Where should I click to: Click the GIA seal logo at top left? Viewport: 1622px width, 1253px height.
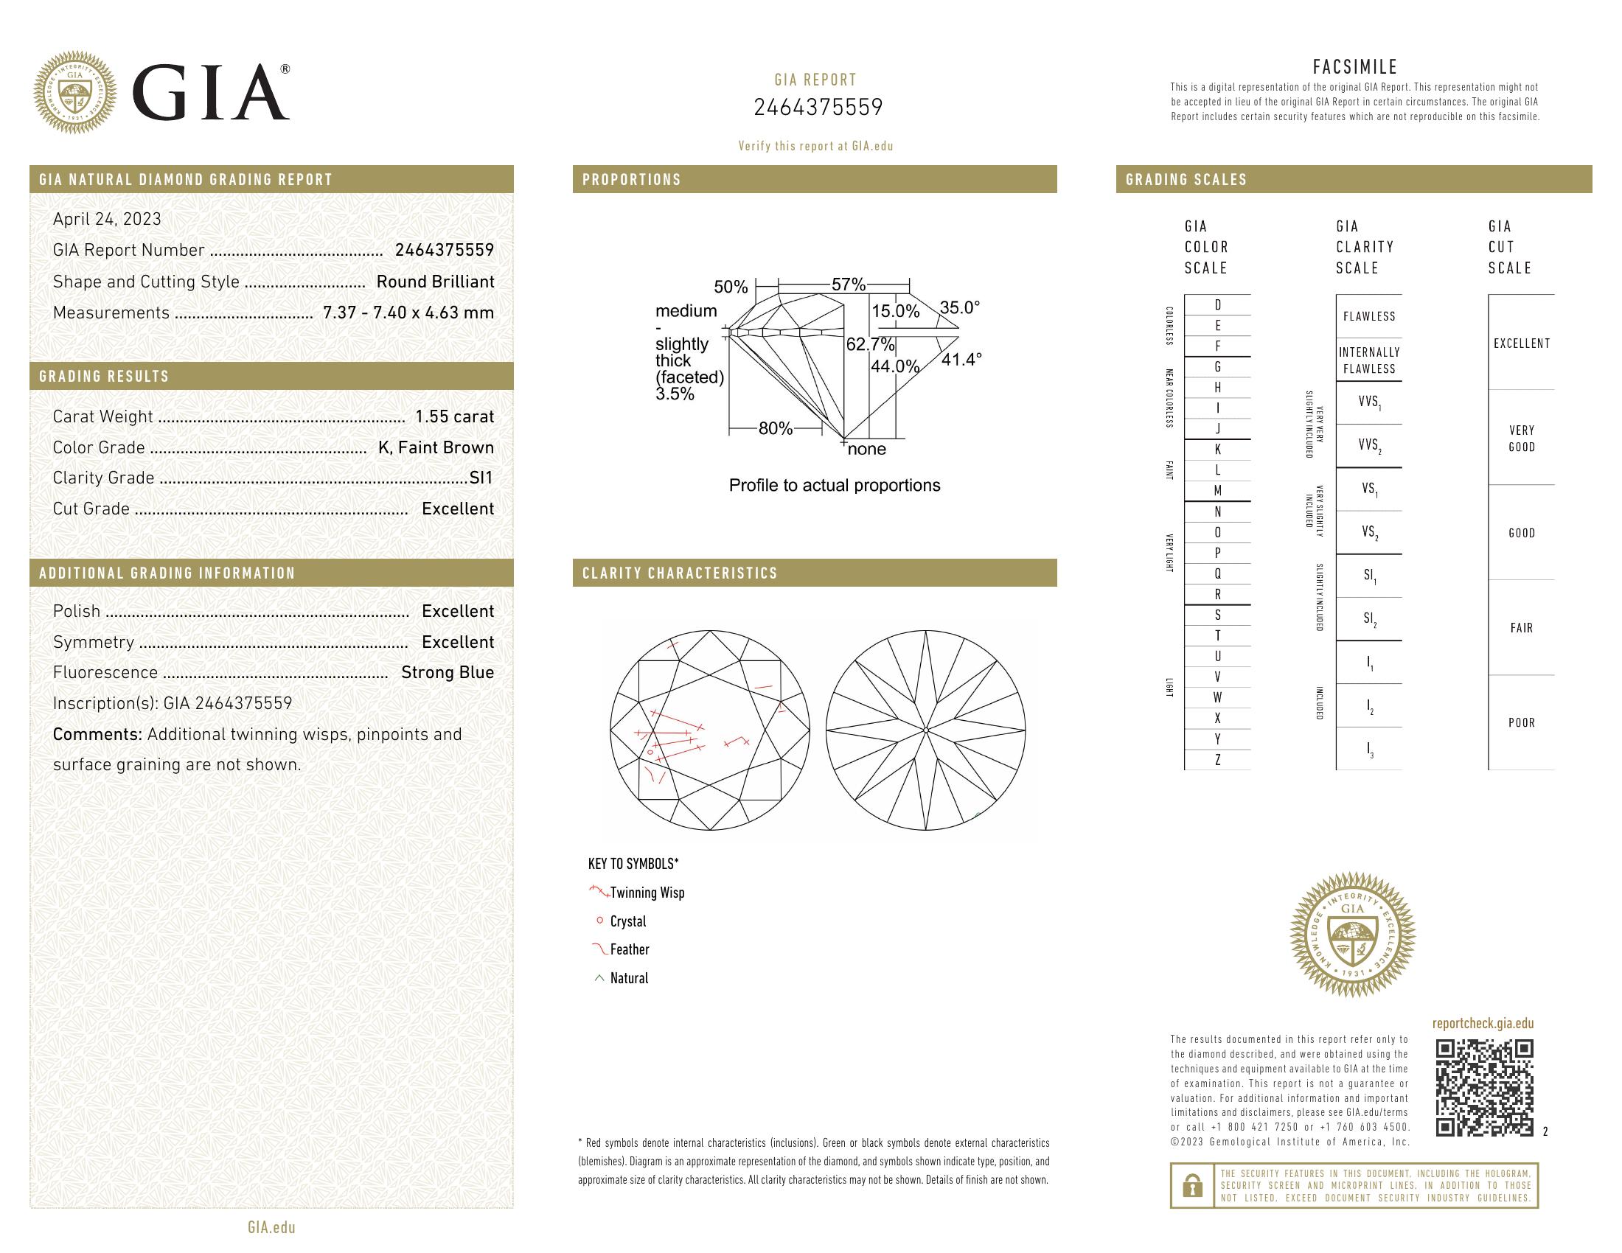pos(75,93)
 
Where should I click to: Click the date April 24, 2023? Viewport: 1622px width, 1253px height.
pos(107,219)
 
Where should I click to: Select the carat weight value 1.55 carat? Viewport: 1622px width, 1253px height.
pos(453,416)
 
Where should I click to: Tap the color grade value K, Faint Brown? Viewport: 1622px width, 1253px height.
pos(436,447)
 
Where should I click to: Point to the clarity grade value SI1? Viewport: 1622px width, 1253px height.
pos(481,478)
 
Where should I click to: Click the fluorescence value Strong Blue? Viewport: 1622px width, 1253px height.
pos(447,672)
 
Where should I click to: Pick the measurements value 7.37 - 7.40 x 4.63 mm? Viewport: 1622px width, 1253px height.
pos(408,313)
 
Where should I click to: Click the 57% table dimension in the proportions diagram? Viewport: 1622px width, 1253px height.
pos(848,285)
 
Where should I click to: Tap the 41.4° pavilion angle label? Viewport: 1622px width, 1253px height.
pos(961,360)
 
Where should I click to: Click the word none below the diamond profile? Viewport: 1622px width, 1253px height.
pos(867,449)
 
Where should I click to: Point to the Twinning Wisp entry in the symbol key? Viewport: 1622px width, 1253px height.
pos(647,893)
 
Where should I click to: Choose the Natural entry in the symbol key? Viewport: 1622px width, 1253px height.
pos(629,978)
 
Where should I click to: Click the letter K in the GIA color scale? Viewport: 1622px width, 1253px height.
pos(1217,450)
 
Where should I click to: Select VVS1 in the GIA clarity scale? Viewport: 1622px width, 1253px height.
pos(1369,402)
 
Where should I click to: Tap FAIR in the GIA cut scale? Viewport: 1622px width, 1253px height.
pos(1521,628)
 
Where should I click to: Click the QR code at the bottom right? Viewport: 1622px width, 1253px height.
pos(1484,1088)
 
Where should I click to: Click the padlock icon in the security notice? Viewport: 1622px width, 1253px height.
pos(1192,1185)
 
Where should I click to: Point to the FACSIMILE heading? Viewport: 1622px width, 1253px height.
pos(1354,67)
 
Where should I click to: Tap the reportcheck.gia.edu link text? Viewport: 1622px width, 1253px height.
pos(1483,1024)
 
